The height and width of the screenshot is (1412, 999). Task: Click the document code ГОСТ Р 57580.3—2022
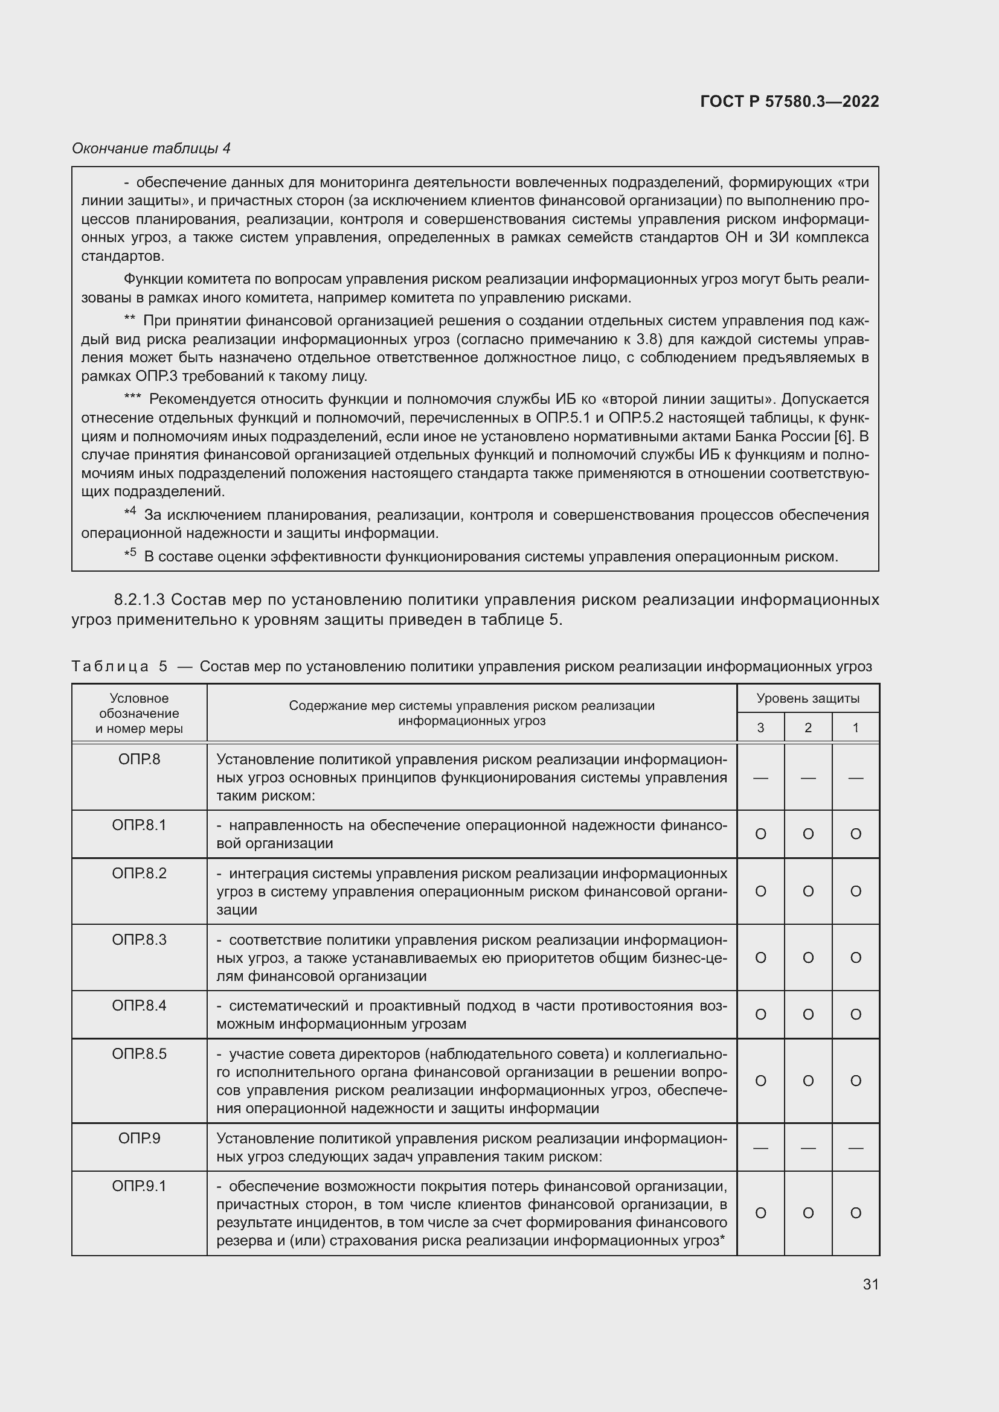tap(789, 101)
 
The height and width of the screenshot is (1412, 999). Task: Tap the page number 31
tap(870, 1284)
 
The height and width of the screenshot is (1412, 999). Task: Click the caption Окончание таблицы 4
tap(151, 149)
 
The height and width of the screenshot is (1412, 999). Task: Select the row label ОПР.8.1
tap(139, 825)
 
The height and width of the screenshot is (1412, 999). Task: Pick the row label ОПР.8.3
tap(139, 940)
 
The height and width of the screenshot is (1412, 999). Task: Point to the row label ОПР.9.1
tap(139, 1186)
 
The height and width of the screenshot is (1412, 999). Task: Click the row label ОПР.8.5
tap(139, 1054)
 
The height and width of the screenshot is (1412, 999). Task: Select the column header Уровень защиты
tap(808, 698)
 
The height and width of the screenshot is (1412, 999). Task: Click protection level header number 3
tap(760, 727)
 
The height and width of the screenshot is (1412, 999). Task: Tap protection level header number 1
tap(855, 727)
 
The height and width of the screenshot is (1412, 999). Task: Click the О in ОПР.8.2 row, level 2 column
tap(808, 891)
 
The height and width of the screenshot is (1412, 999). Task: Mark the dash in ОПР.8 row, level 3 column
tap(760, 778)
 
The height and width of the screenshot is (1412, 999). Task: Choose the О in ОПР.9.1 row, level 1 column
tap(855, 1213)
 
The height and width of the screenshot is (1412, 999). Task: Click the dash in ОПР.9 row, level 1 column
tap(855, 1148)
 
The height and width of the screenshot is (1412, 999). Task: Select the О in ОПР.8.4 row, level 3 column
tap(760, 1015)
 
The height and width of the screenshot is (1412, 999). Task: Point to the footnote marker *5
tap(130, 554)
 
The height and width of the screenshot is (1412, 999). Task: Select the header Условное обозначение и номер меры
tap(139, 714)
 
